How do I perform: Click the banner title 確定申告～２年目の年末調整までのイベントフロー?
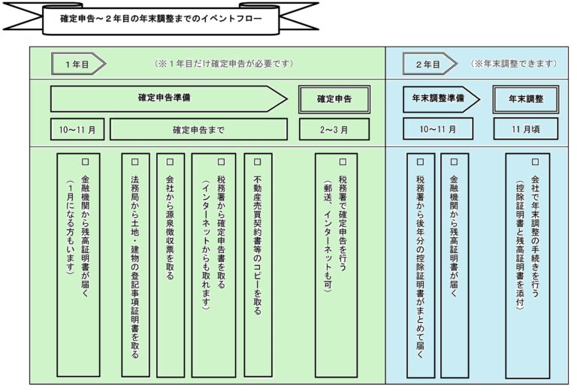161,18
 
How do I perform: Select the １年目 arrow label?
78,64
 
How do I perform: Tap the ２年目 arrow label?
430,64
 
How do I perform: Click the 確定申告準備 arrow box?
168,99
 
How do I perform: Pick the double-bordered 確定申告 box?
334,99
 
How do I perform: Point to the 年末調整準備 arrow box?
441,99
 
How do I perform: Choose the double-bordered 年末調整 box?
526,99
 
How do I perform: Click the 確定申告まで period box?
198,129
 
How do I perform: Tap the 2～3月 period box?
334,129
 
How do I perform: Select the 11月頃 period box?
526,129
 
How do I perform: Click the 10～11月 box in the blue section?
438,129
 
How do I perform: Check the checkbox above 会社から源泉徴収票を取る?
170,161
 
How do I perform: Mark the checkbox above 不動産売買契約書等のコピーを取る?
258,161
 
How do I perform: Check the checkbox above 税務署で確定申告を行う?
343,161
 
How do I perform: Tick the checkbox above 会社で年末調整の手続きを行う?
536,161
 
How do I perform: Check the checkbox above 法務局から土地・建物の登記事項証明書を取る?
135,161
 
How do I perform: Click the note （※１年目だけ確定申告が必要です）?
224,64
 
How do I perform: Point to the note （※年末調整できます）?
514,64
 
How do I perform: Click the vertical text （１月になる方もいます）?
71,227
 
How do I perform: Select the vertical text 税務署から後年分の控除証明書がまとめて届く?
420,267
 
